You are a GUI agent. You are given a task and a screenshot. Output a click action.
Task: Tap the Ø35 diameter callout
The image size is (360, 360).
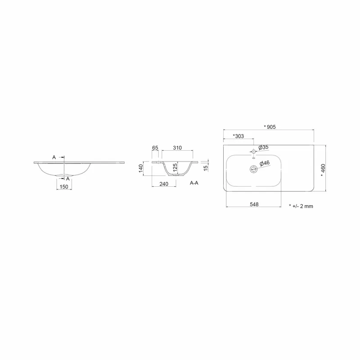pos(263,148)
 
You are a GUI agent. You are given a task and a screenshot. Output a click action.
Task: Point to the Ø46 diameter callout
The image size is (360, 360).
pos(265,163)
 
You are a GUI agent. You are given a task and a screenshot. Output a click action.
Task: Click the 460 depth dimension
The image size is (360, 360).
pos(323,170)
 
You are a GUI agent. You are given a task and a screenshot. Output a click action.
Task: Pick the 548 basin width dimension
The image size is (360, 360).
pos(254,204)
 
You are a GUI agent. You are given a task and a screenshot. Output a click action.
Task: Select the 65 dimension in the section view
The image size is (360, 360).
pos(155,148)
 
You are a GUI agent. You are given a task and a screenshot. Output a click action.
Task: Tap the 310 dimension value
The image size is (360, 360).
pos(177,148)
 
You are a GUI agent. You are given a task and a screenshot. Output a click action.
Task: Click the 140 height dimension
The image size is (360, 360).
pos(141,168)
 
